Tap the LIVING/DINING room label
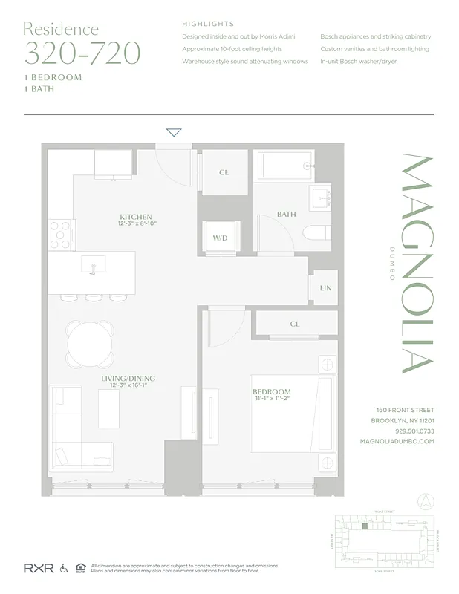point(128,378)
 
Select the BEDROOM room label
point(271,392)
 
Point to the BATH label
point(286,215)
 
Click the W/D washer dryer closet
point(221,239)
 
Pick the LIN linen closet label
point(325,287)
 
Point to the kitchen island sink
point(93,265)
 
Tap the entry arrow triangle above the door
point(174,133)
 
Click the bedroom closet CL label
point(295,324)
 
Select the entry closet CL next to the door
point(224,172)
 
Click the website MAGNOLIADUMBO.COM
point(397,441)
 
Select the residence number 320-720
point(82,53)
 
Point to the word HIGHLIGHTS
point(208,24)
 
